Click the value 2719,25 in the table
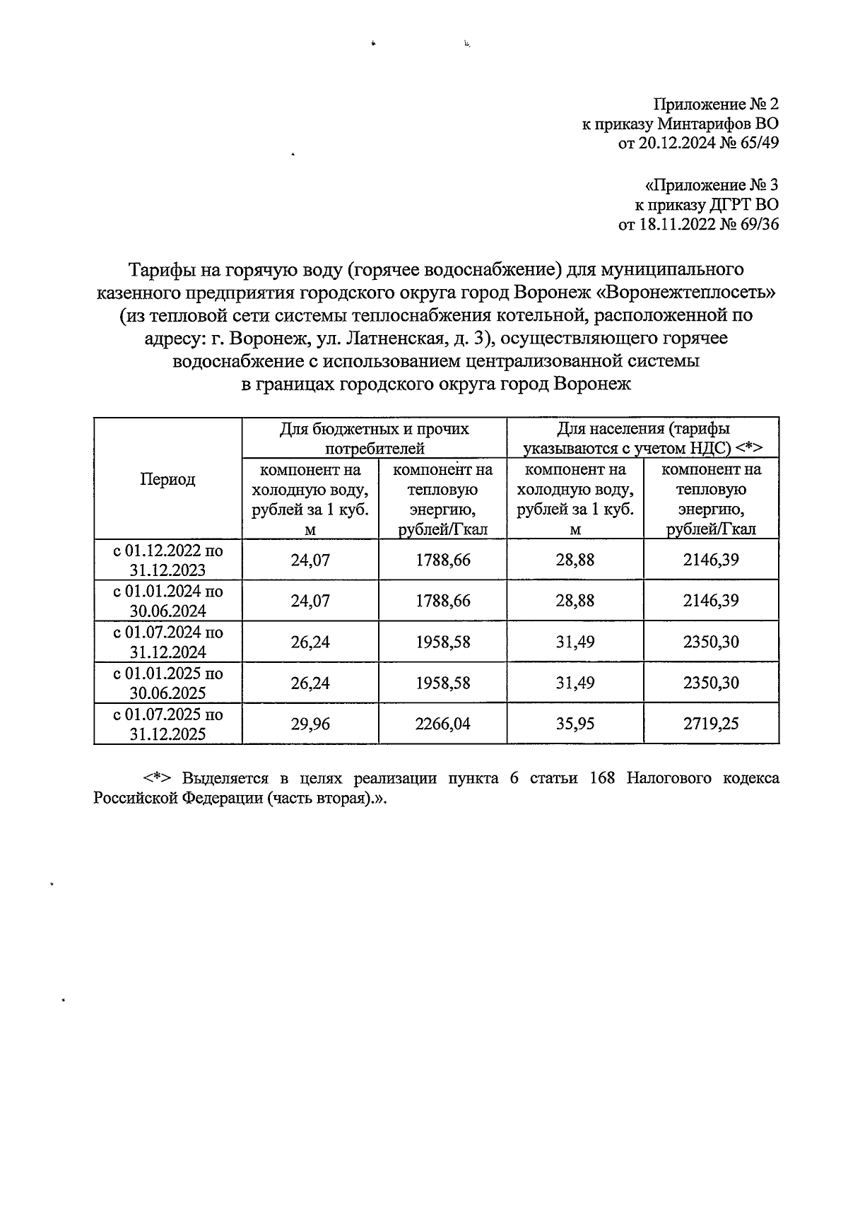(711, 724)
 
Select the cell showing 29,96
(310, 724)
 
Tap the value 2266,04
(442, 724)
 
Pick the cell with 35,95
(575, 724)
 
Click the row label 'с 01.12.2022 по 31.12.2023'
(168, 560)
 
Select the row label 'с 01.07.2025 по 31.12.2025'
(168, 724)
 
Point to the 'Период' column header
(167, 479)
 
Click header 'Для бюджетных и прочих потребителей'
(374, 438)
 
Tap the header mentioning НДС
(642, 438)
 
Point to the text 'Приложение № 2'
(715, 105)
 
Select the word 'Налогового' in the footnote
(673, 779)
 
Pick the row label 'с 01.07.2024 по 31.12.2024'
(168, 642)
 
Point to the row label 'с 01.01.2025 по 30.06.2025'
(168, 683)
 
